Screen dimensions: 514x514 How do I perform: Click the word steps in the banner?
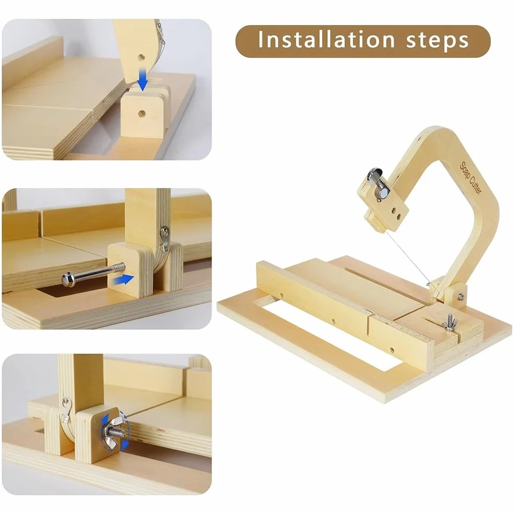click(x=438, y=41)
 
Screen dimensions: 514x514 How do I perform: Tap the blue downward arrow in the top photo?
click(x=143, y=79)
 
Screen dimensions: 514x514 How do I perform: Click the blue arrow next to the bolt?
click(x=123, y=280)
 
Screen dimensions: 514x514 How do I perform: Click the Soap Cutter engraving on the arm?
click(x=471, y=179)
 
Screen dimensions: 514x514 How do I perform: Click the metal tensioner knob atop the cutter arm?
click(x=378, y=184)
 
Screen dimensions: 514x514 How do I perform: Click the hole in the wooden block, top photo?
click(x=141, y=114)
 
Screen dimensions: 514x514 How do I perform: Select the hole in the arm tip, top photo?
click(x=141, y=57)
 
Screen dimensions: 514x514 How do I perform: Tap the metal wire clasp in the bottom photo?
click(x=65, y=409)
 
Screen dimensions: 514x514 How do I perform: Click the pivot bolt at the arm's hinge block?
click(x=460, y=297)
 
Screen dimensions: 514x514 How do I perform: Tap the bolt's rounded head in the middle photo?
click(x=68, y=279)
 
